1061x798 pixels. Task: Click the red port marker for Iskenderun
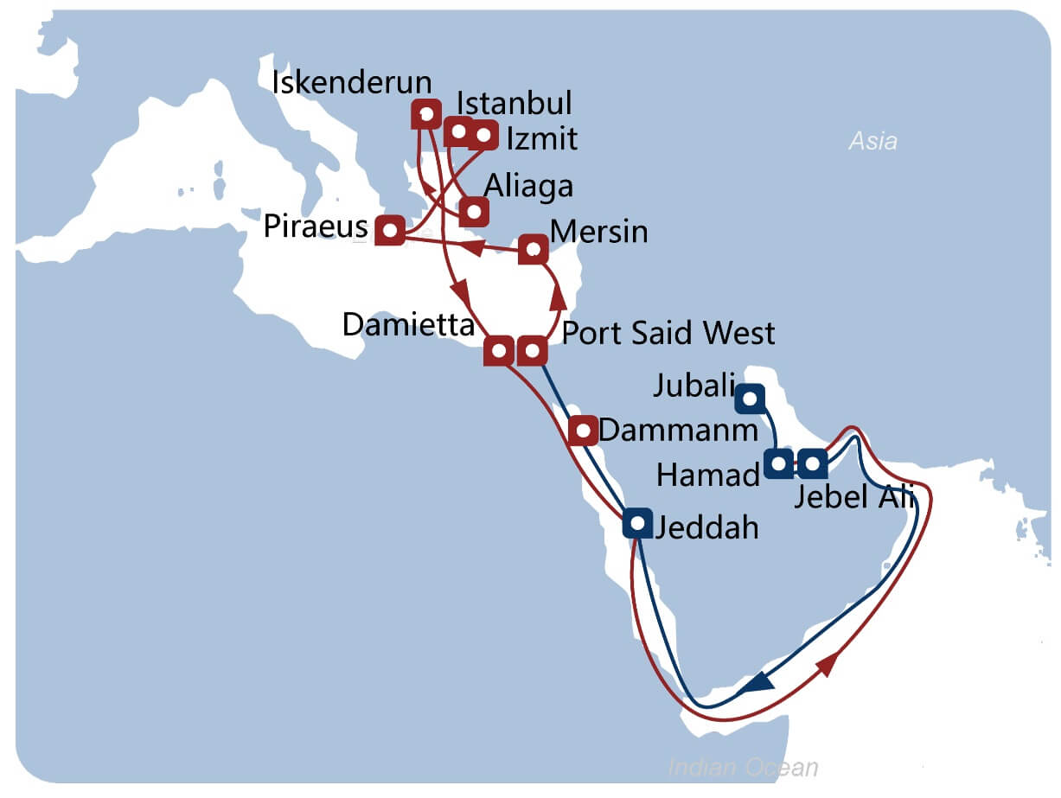tap(425, 113)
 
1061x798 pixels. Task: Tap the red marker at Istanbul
tap(458, 133)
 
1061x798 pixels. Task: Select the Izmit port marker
tap(483, 135)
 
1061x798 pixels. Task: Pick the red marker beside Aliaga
tap(473, 211)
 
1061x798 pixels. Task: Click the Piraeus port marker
tap(390, 230)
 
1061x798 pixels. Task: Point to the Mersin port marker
tap(533, 250)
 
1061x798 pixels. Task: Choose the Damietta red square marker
tap(499, 351)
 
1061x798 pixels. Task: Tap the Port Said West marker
tap(532, 351)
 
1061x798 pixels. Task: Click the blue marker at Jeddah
tap(637, 522)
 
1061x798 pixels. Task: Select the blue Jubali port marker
tap(750, 398)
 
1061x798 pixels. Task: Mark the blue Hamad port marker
tap(779, 463)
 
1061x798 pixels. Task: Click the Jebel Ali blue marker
tap(812, 463)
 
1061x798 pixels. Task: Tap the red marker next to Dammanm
tap(583, 429)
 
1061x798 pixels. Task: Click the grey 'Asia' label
tap(872, 141)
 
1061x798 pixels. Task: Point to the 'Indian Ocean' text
tap(743, 767)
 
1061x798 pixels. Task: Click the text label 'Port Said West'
tap(668, 333)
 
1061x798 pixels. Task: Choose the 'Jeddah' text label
tap(706, 527)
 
